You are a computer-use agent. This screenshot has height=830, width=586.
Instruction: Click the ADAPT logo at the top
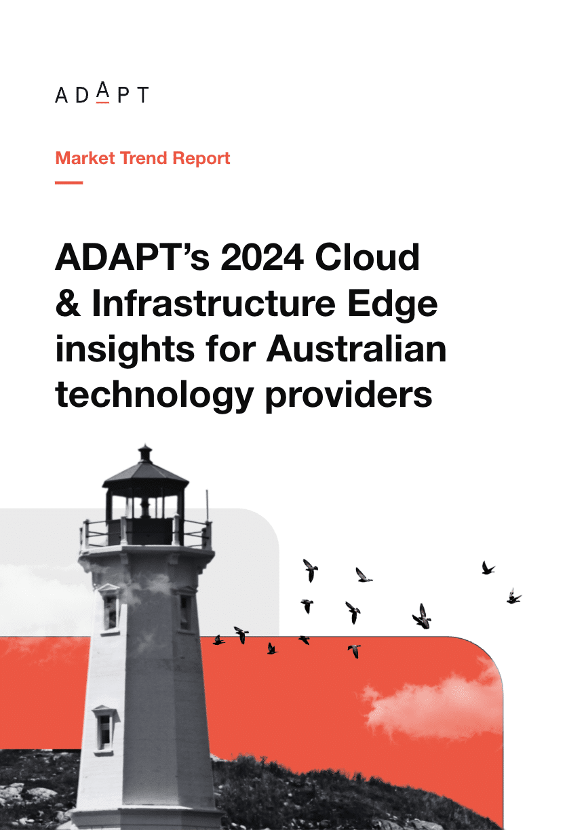click(102, 92)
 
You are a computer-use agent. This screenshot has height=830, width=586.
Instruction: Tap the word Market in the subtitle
click(85, 158)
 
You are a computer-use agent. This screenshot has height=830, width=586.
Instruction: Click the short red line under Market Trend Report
click(69, 182)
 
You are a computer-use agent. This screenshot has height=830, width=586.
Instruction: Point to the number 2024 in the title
click(262, 257)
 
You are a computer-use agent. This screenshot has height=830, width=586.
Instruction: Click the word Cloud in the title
click(368, 256)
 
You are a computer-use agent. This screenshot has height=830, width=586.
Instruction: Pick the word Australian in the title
click(356, 349)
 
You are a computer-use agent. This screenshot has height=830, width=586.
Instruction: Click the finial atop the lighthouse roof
click(145, 454)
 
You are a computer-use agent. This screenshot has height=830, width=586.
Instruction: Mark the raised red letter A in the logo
click(103, 92)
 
